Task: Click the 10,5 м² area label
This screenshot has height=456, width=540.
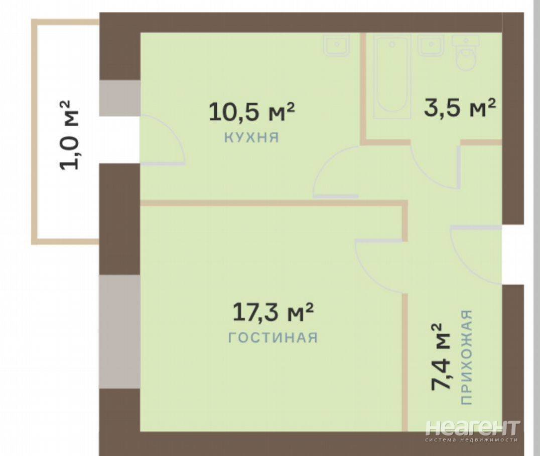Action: tap(252, 112)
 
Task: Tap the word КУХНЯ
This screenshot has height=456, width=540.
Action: tap(251, 138)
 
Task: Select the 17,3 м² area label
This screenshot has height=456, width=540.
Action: tap(273, 312)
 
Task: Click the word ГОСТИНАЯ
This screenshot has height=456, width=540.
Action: tap(273, 338)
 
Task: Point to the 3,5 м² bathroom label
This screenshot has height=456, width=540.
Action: tap(460, 108)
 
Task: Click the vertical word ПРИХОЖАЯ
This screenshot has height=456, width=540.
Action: tap(466, 357)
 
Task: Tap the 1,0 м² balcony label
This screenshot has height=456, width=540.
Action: tap(70, 134)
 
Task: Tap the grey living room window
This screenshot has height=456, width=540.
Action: tap(119, 332)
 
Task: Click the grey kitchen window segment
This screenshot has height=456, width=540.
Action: tap(119, 98)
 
